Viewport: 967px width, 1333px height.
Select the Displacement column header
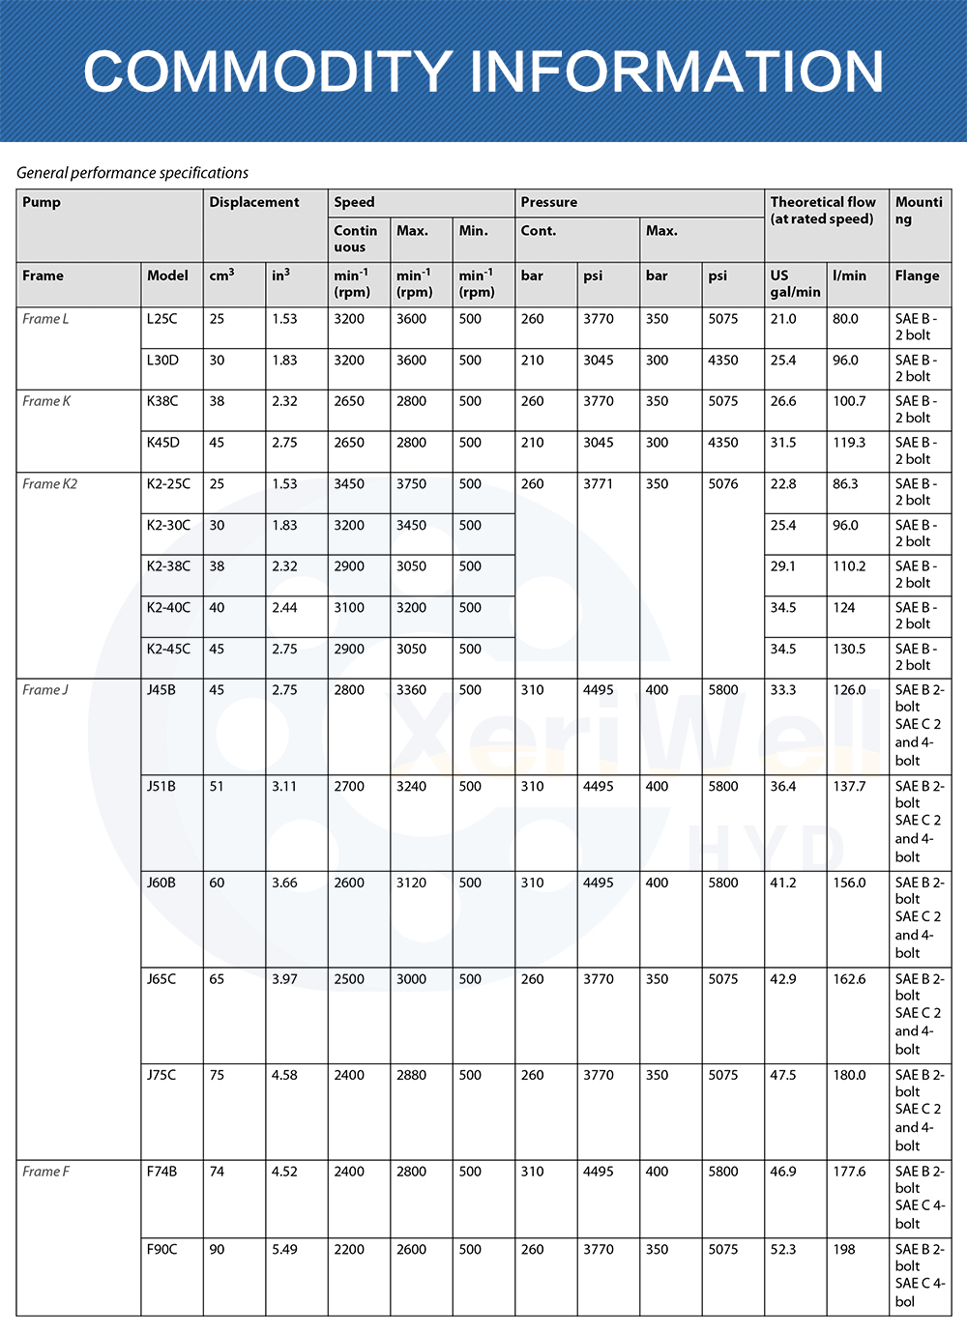pos(254,202)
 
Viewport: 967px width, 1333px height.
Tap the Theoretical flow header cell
pos(823,210)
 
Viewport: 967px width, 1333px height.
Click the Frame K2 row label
pos(50,484)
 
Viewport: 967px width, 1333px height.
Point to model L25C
pos(162,319)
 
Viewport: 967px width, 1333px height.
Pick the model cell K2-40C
pos(169,608)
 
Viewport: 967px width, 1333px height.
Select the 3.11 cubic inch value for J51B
pos(284,787)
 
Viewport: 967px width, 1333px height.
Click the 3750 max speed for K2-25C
pos(411,484)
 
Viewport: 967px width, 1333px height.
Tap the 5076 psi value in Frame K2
pos(723,484)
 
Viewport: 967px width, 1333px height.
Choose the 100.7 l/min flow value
pos(850,401)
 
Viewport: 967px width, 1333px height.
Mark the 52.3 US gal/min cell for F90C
pos(783,1250)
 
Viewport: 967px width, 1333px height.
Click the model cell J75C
pos(161,1075)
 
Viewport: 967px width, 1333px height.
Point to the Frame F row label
pos(46,1172)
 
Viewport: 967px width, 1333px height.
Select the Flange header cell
pos(917,275)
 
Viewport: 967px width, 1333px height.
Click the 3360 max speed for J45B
pos(411,690)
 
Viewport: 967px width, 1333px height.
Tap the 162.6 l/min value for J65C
pos(850,979)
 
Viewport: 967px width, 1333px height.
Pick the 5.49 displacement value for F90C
pos(284,1250)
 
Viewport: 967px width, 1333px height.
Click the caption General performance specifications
pos(132,173)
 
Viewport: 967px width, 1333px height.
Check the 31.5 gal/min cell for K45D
pos(783,443)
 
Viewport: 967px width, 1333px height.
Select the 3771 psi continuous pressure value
pos(598,484)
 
